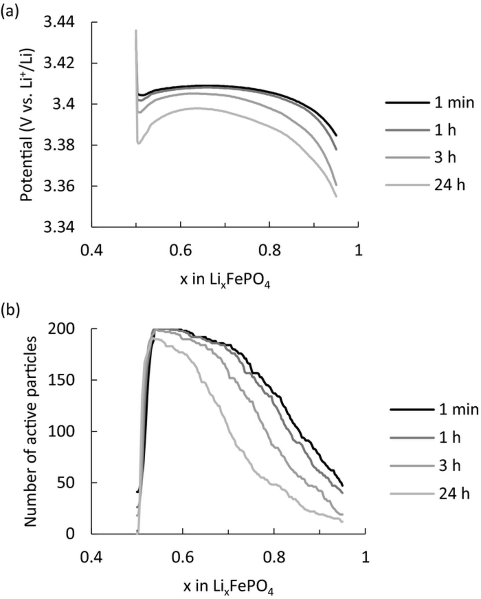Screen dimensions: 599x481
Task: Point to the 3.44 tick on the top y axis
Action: click(x=63, y=23)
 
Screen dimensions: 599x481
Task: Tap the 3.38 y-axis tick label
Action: click(x=63, y=145)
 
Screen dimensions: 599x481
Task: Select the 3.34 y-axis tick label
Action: click(x=63, y=228)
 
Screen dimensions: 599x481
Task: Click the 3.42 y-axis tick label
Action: click(x=63, y=63)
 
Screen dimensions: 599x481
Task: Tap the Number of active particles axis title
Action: click(x=31, y=432)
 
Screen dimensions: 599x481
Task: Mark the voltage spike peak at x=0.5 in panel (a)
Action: click(x=136, y=30)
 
